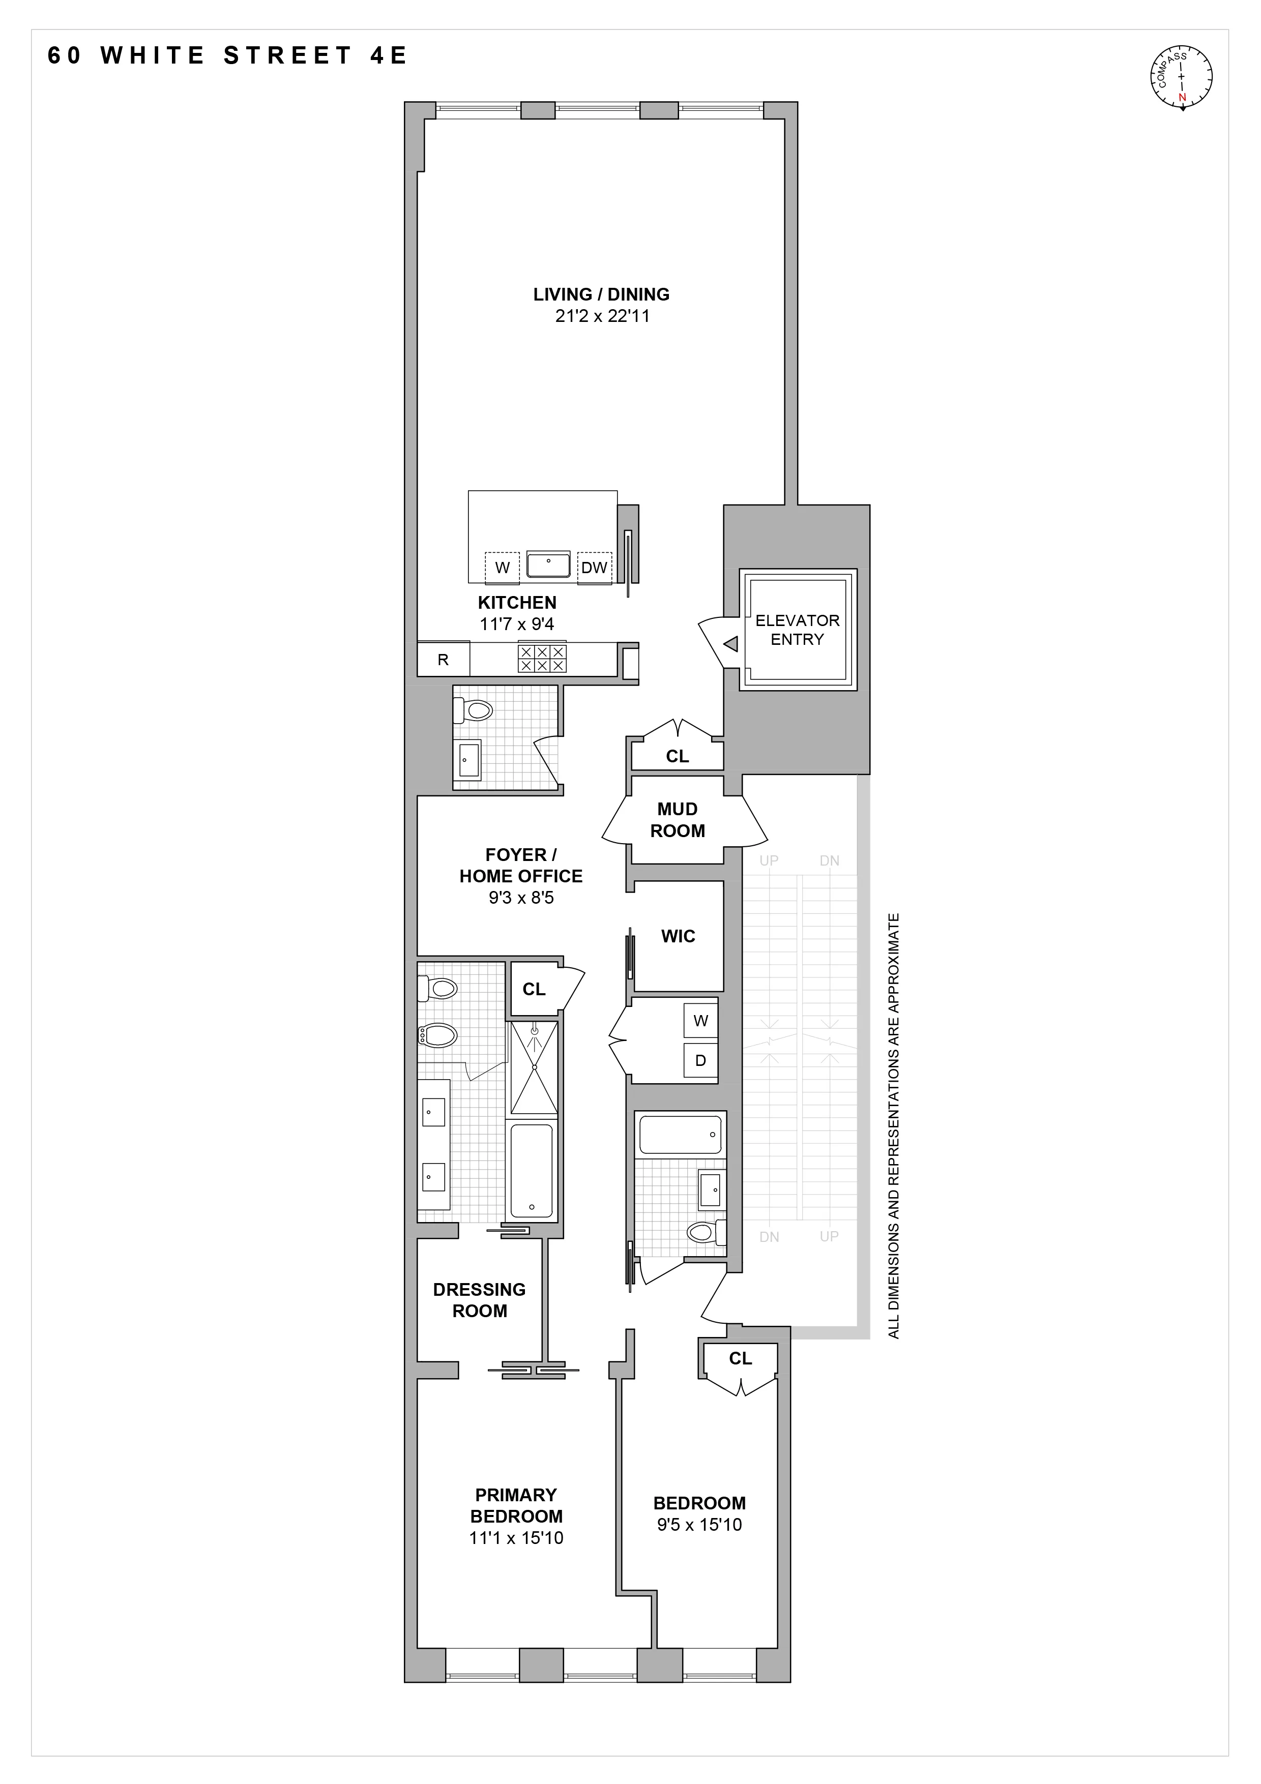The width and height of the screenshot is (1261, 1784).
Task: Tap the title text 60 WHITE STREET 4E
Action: click(227, 56)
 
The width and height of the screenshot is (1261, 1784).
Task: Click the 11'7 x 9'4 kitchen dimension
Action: click(517, 624)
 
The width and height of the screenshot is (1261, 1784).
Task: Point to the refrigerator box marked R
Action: click(443, 660)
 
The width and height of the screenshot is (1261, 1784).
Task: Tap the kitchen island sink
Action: click(548, 564)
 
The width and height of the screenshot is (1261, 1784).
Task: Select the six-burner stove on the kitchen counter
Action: click(542, 659)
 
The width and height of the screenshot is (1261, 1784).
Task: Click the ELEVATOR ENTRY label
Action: click(797, 630)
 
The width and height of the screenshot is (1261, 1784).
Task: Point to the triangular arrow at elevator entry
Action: click(730, 644)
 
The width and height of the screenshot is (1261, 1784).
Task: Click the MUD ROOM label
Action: click(678, 820)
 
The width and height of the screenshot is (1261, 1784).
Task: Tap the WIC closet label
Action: click(678, 936)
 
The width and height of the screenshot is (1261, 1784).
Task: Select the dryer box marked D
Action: click(700, 1061)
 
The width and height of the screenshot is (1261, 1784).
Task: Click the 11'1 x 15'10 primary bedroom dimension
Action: click(516, 1538)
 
